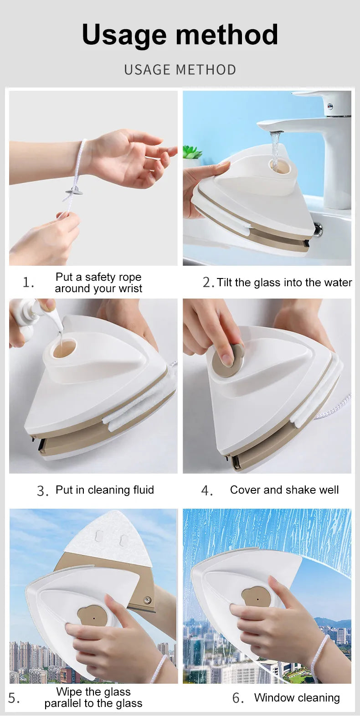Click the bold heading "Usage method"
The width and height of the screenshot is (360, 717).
[x=180, y=35]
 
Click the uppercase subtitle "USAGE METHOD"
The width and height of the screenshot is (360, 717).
[x=180, y=70]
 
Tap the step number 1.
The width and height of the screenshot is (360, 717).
[x=28, y=283]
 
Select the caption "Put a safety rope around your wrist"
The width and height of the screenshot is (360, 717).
[x=98, y=283]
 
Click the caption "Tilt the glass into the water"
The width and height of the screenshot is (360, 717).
[x=284, y=283]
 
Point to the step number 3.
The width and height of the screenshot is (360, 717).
[x=42, y=491]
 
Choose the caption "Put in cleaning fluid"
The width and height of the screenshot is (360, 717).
[x=104, y=490]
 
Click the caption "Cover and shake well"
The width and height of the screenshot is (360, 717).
[x=284, y=490]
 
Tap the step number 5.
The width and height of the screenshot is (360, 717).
[x=13, y=698]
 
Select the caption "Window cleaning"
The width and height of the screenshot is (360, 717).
[x=297, y=698]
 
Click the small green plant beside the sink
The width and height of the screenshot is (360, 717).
[x=192, y=153]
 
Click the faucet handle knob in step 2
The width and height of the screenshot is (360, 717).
[x=330, y=107]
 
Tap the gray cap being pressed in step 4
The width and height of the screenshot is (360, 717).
[x=229, y=360]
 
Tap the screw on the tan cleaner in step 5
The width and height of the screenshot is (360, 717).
[x=147, y=600]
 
